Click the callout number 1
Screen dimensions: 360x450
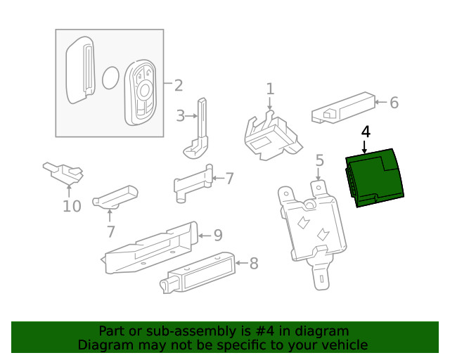tap(270, 89)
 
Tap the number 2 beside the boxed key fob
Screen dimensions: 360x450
tap(178, 86)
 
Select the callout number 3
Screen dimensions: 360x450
tap(181, 115)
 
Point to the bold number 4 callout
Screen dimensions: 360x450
tap(365, 131)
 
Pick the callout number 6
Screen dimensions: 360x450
tap(394, 103)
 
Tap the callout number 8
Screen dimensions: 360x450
tap(254, 264)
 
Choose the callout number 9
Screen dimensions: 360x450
tap(218, 234)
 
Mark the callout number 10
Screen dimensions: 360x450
tap(72, 206)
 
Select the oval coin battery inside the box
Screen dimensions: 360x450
tap(110, 79)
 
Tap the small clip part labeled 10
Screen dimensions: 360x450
tap(63, 172)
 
